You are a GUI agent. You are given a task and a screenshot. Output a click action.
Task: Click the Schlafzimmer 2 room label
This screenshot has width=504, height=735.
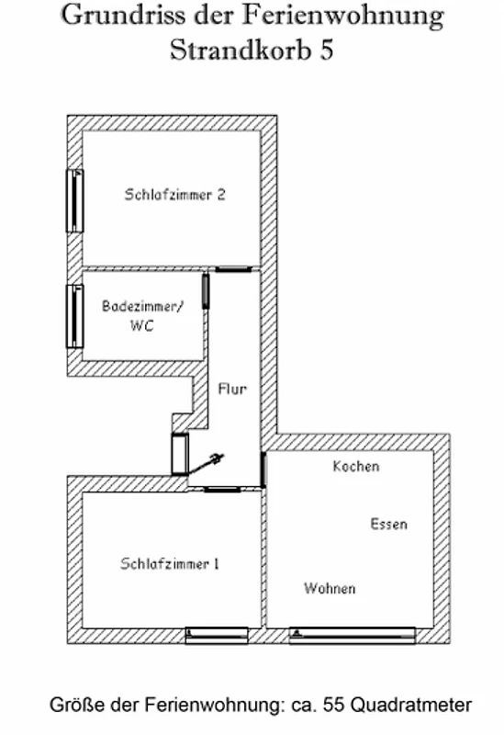coord(174,195)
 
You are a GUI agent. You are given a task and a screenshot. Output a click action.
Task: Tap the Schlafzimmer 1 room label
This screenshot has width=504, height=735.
coord(170,563)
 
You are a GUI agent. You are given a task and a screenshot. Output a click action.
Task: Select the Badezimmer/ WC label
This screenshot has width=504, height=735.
coord(143,315)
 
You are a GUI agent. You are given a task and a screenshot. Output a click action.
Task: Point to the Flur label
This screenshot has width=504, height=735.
coord(232,389)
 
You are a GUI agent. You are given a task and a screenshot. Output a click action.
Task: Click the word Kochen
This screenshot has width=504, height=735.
coord(356,467)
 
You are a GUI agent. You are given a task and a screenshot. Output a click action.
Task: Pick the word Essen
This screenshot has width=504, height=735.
coord(388,524)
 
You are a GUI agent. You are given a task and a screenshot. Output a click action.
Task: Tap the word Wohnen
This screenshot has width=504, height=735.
coord(330,588)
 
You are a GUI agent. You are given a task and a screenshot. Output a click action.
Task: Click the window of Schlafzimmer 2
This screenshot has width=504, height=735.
coord(75,200)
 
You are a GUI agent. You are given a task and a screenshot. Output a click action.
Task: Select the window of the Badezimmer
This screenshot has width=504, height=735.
coord(75,316)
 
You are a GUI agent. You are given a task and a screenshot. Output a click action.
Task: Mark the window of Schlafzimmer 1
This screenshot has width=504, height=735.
coord(217,635)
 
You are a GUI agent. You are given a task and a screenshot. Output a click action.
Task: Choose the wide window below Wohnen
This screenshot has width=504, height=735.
coord(353,635)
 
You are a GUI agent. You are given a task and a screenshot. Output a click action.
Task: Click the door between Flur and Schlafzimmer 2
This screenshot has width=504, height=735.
coord(233,269)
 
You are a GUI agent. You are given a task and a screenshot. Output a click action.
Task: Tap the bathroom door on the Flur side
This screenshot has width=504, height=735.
coord(206,291)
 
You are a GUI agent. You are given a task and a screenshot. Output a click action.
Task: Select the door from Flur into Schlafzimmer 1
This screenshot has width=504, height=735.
coord(222,490)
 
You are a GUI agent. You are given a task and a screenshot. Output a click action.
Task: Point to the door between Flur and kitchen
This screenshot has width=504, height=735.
coord(263,469)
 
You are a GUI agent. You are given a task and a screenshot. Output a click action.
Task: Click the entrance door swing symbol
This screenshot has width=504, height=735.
coord(205,464)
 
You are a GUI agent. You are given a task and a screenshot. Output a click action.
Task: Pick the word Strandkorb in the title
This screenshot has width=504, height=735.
coord(241,50)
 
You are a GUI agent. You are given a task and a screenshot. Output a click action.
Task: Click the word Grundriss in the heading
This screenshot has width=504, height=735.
coord(124,15)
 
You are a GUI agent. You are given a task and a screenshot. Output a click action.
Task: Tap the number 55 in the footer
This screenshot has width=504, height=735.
coord(333,705)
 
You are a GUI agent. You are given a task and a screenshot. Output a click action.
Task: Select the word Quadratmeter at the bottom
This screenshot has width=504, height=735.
coord(410,705)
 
